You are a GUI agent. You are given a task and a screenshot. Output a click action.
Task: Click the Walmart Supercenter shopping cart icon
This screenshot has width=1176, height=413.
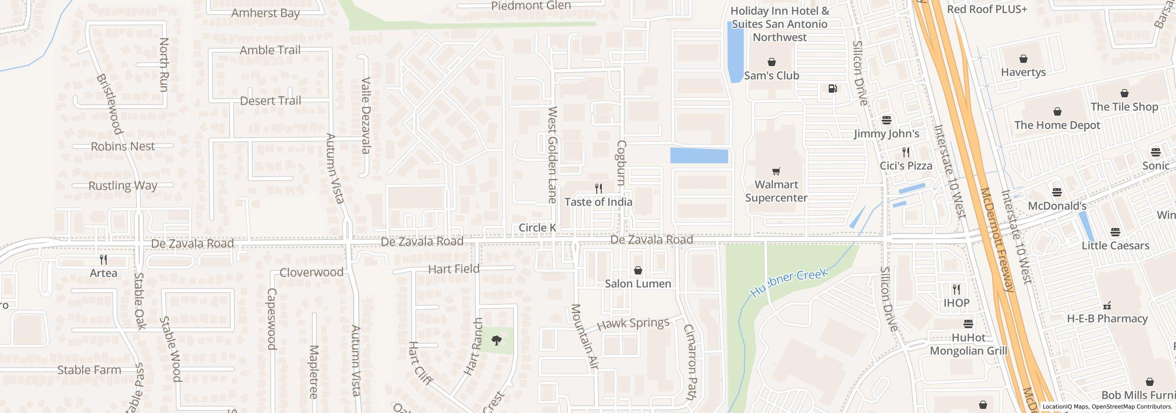pos(776,172)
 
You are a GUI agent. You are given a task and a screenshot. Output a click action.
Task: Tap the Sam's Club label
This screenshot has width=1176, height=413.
pos(771,76)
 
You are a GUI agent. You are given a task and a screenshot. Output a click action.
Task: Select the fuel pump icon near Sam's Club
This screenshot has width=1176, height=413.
pos(832,89)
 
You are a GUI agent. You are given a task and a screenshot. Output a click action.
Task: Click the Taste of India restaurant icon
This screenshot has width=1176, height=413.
pos(598,189)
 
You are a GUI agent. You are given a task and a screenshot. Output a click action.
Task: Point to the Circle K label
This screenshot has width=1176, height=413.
pos(537,228)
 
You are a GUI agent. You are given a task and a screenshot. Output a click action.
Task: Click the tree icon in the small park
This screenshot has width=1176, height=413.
pos(496,340)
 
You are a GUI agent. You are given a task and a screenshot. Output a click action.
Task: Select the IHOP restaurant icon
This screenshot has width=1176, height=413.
pos(956,290)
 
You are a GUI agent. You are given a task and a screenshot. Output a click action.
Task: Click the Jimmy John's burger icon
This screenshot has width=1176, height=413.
pos(886,120)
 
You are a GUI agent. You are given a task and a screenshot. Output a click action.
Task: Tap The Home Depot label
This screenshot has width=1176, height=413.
pos(1057,125)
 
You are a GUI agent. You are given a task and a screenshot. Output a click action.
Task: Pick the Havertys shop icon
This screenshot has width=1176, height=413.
pos(1023,59)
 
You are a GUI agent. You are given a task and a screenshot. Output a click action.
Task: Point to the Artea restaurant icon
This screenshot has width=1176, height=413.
pos(103,260)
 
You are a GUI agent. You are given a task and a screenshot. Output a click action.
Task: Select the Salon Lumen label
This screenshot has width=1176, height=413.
pos(638,284)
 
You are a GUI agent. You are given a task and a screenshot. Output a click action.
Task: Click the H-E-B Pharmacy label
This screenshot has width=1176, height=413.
pos(1107,318)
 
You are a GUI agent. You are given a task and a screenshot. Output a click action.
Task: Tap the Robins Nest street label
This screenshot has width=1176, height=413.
pos(123,146)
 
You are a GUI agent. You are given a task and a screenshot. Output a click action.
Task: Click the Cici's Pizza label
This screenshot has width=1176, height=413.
pos(905,166)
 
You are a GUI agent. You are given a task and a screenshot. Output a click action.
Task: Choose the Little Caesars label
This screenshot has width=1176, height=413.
pos(1115,246)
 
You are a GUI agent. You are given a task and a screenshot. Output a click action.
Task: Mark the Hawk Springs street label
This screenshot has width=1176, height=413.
pos(633,324)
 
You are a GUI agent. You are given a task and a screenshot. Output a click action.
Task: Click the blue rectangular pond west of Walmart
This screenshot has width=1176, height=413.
pos(699,156)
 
